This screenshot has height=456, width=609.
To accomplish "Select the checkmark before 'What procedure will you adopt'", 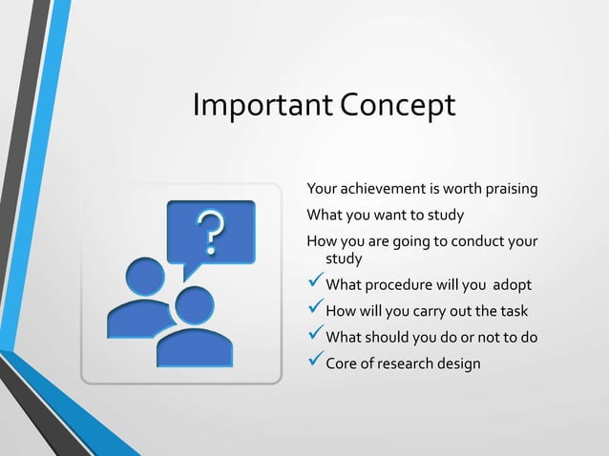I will click(x=314, y=284).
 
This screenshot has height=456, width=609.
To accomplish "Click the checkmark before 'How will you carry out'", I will click(x=314, y=310).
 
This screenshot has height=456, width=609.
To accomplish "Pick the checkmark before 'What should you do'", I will click(x=314, y=336).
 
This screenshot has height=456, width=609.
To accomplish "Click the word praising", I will click(x=509, y=189).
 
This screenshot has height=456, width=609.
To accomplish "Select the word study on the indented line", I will click(x=345, y=259).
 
